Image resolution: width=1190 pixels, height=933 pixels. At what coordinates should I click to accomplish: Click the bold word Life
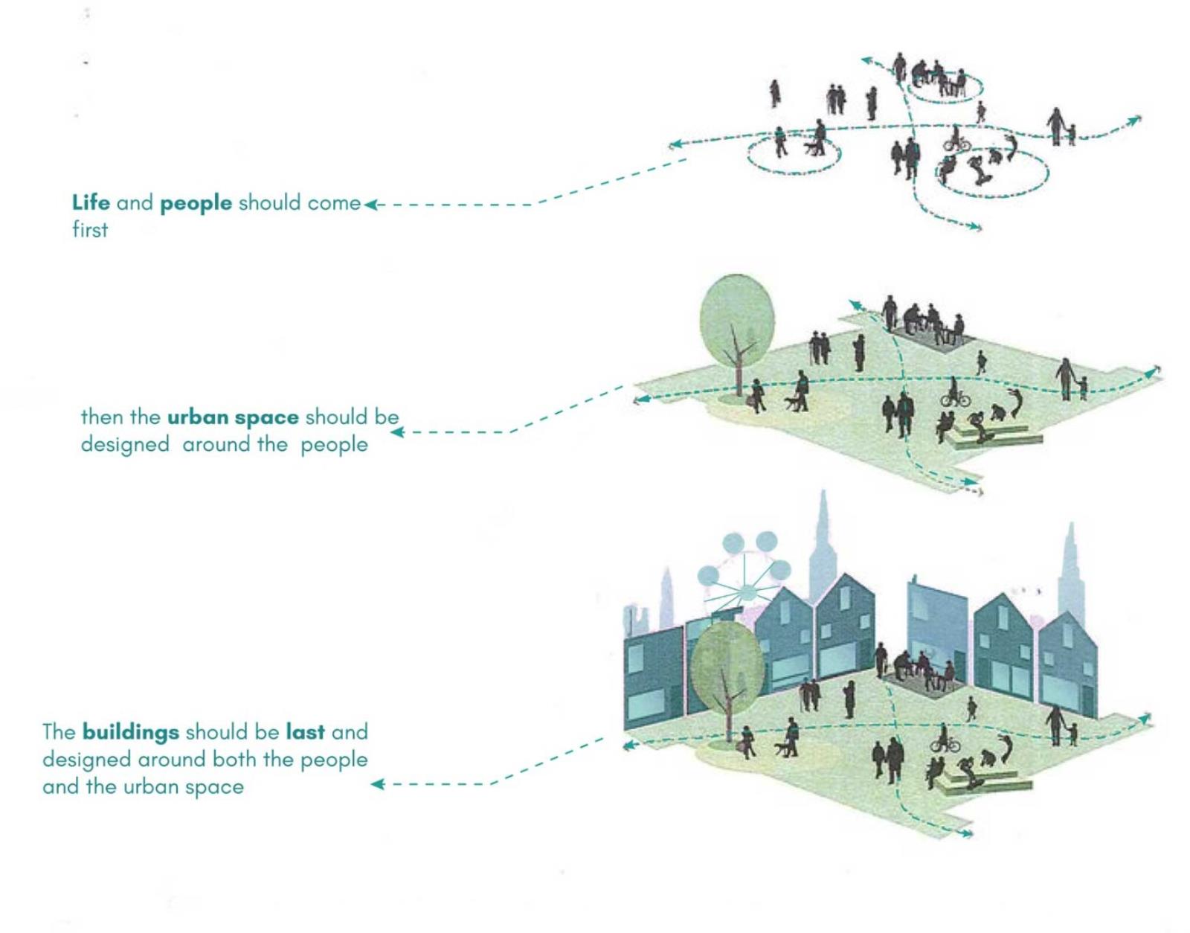(91, 203)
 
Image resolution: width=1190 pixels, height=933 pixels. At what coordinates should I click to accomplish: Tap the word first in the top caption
(90, 230)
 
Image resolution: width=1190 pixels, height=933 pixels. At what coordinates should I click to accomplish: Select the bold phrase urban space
(234, 418)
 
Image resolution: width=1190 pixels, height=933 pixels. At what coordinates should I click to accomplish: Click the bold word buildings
(131, 733)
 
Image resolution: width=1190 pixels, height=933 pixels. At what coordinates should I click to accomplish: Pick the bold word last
(305, 732)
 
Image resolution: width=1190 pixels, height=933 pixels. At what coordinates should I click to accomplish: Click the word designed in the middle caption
(125, 445)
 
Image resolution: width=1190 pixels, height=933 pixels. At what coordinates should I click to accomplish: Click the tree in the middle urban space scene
(737, 337)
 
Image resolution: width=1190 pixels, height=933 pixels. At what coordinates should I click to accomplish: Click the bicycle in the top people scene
(956, 144)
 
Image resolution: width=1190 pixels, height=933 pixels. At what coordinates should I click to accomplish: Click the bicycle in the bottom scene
(946, 744)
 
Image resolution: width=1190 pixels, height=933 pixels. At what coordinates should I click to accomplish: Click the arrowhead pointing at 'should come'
(371, 205)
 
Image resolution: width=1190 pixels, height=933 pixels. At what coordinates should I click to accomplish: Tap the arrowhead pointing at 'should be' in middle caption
(398, 433)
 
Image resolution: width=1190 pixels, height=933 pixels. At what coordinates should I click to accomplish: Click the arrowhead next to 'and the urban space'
(378, 784)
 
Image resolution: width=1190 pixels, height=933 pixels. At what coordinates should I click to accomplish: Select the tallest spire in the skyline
(822, 548)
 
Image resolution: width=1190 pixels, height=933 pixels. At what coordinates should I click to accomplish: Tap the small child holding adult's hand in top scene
(1071, 135)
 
